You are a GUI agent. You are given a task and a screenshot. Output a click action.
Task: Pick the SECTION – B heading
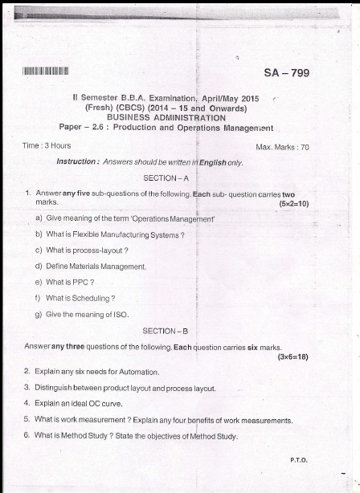click(x=165, y=331)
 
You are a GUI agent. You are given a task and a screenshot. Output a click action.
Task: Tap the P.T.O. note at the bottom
click(x=299, y=460)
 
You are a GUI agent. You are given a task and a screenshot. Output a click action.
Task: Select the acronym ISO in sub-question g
click(x=119, y=314)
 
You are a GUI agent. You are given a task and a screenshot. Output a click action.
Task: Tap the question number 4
click(x=27, y=403)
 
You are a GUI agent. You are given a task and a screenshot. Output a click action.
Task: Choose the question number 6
click(x=27, y=435)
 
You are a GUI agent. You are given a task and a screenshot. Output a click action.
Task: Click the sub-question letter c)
click(x=39, y=251)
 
